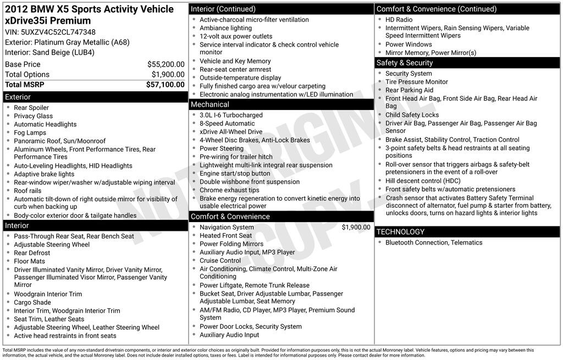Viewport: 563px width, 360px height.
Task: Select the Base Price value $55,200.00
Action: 165,64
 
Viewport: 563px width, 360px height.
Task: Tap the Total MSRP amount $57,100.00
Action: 165,85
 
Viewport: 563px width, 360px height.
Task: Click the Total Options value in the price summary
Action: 168,75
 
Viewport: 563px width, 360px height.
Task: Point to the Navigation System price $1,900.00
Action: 356,228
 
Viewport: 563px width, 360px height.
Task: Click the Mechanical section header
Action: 209,104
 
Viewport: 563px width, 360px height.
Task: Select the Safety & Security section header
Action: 405,63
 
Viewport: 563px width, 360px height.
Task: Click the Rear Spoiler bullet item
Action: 31,108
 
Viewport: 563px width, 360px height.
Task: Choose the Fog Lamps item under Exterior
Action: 30,132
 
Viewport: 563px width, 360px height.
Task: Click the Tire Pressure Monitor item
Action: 417,82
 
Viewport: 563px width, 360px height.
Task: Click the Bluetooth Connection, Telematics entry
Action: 434,242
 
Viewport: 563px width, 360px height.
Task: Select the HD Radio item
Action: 399,20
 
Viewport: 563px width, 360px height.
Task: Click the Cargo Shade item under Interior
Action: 32,302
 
